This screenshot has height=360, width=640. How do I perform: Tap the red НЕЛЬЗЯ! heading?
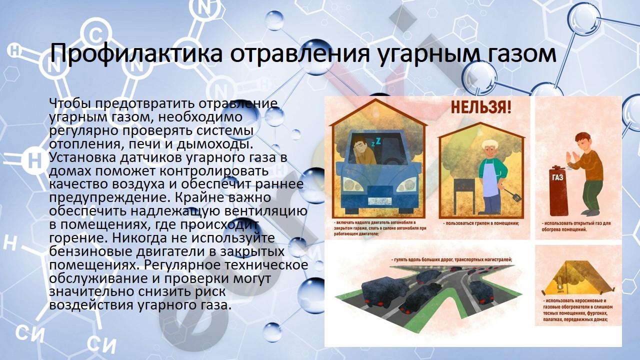coord(481,107)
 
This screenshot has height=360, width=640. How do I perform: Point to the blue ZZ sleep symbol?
coord(376,141)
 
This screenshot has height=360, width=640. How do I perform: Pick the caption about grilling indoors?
coord(482,223)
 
